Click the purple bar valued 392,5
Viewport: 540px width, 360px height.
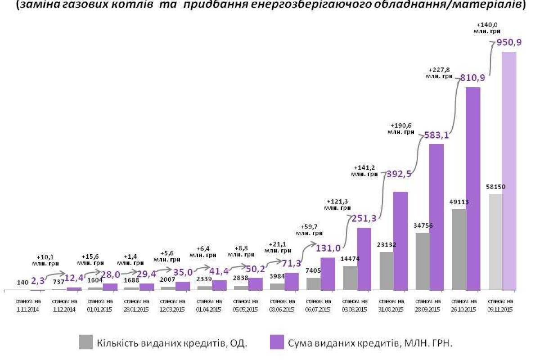click(400, 240)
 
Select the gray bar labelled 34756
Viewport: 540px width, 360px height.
click(423, 261)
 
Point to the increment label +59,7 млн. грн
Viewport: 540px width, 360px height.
click(309, 230)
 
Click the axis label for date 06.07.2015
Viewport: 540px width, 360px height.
click(319, 305)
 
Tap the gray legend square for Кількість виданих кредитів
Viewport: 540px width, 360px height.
click(85, 342)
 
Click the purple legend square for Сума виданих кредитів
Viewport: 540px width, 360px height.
click(276, 342)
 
